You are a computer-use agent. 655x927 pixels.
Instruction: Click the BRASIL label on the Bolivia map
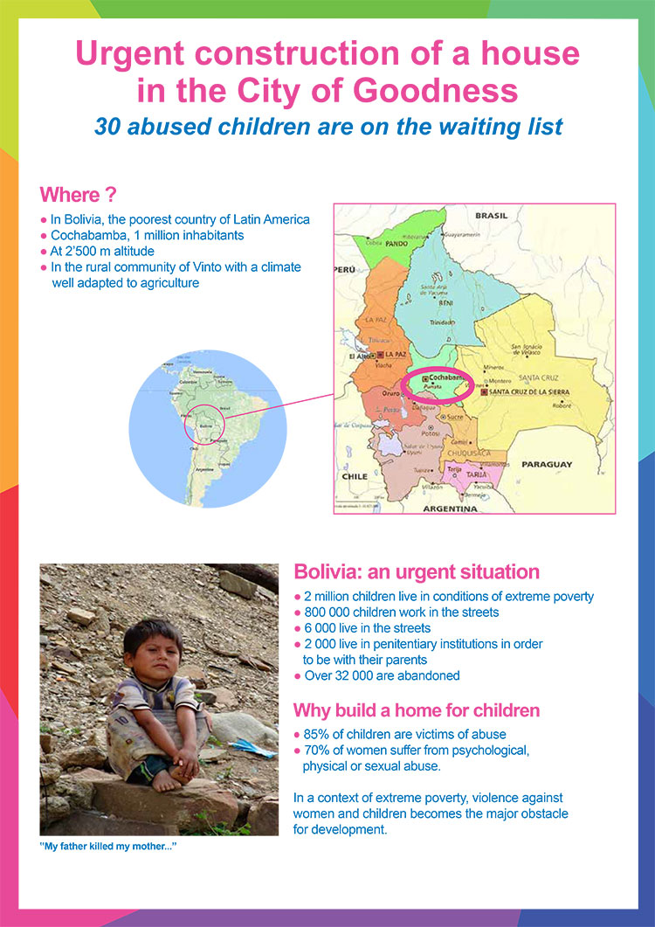click(x=491, y=216)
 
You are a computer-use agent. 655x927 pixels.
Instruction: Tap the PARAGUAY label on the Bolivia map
click(x=546, y=464)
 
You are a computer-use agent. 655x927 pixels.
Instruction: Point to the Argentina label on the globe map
click(x=205, y=469)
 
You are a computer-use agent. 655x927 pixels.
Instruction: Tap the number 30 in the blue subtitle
click(x=108, y=126)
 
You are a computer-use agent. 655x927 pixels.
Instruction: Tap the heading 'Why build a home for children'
click(x=417, y=709)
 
